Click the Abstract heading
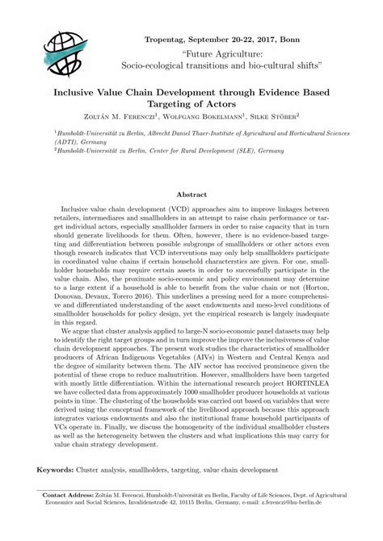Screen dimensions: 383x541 point(191,195)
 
